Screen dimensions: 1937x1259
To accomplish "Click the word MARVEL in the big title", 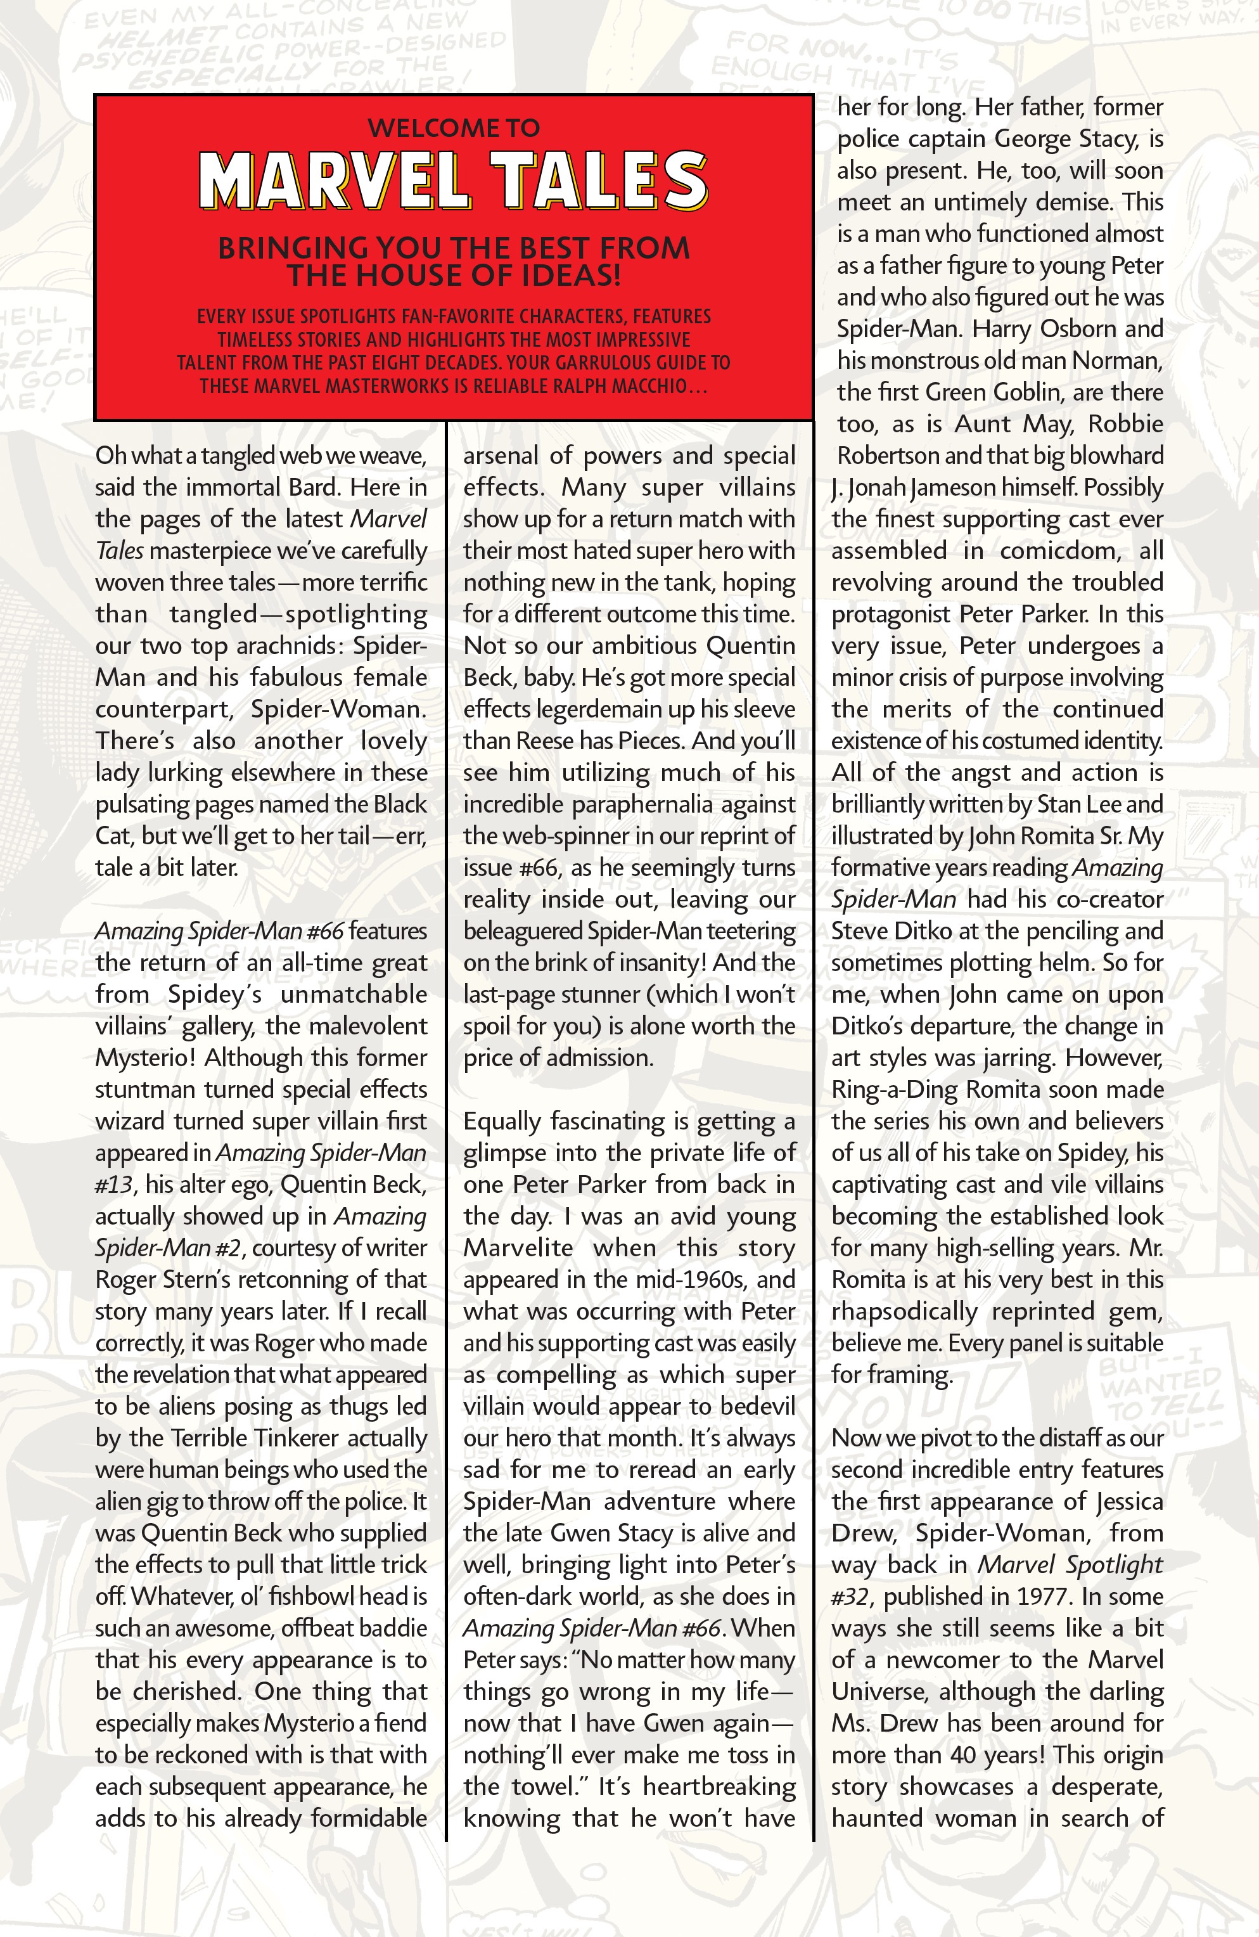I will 335,181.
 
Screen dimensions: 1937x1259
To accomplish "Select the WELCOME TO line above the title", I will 453,128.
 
